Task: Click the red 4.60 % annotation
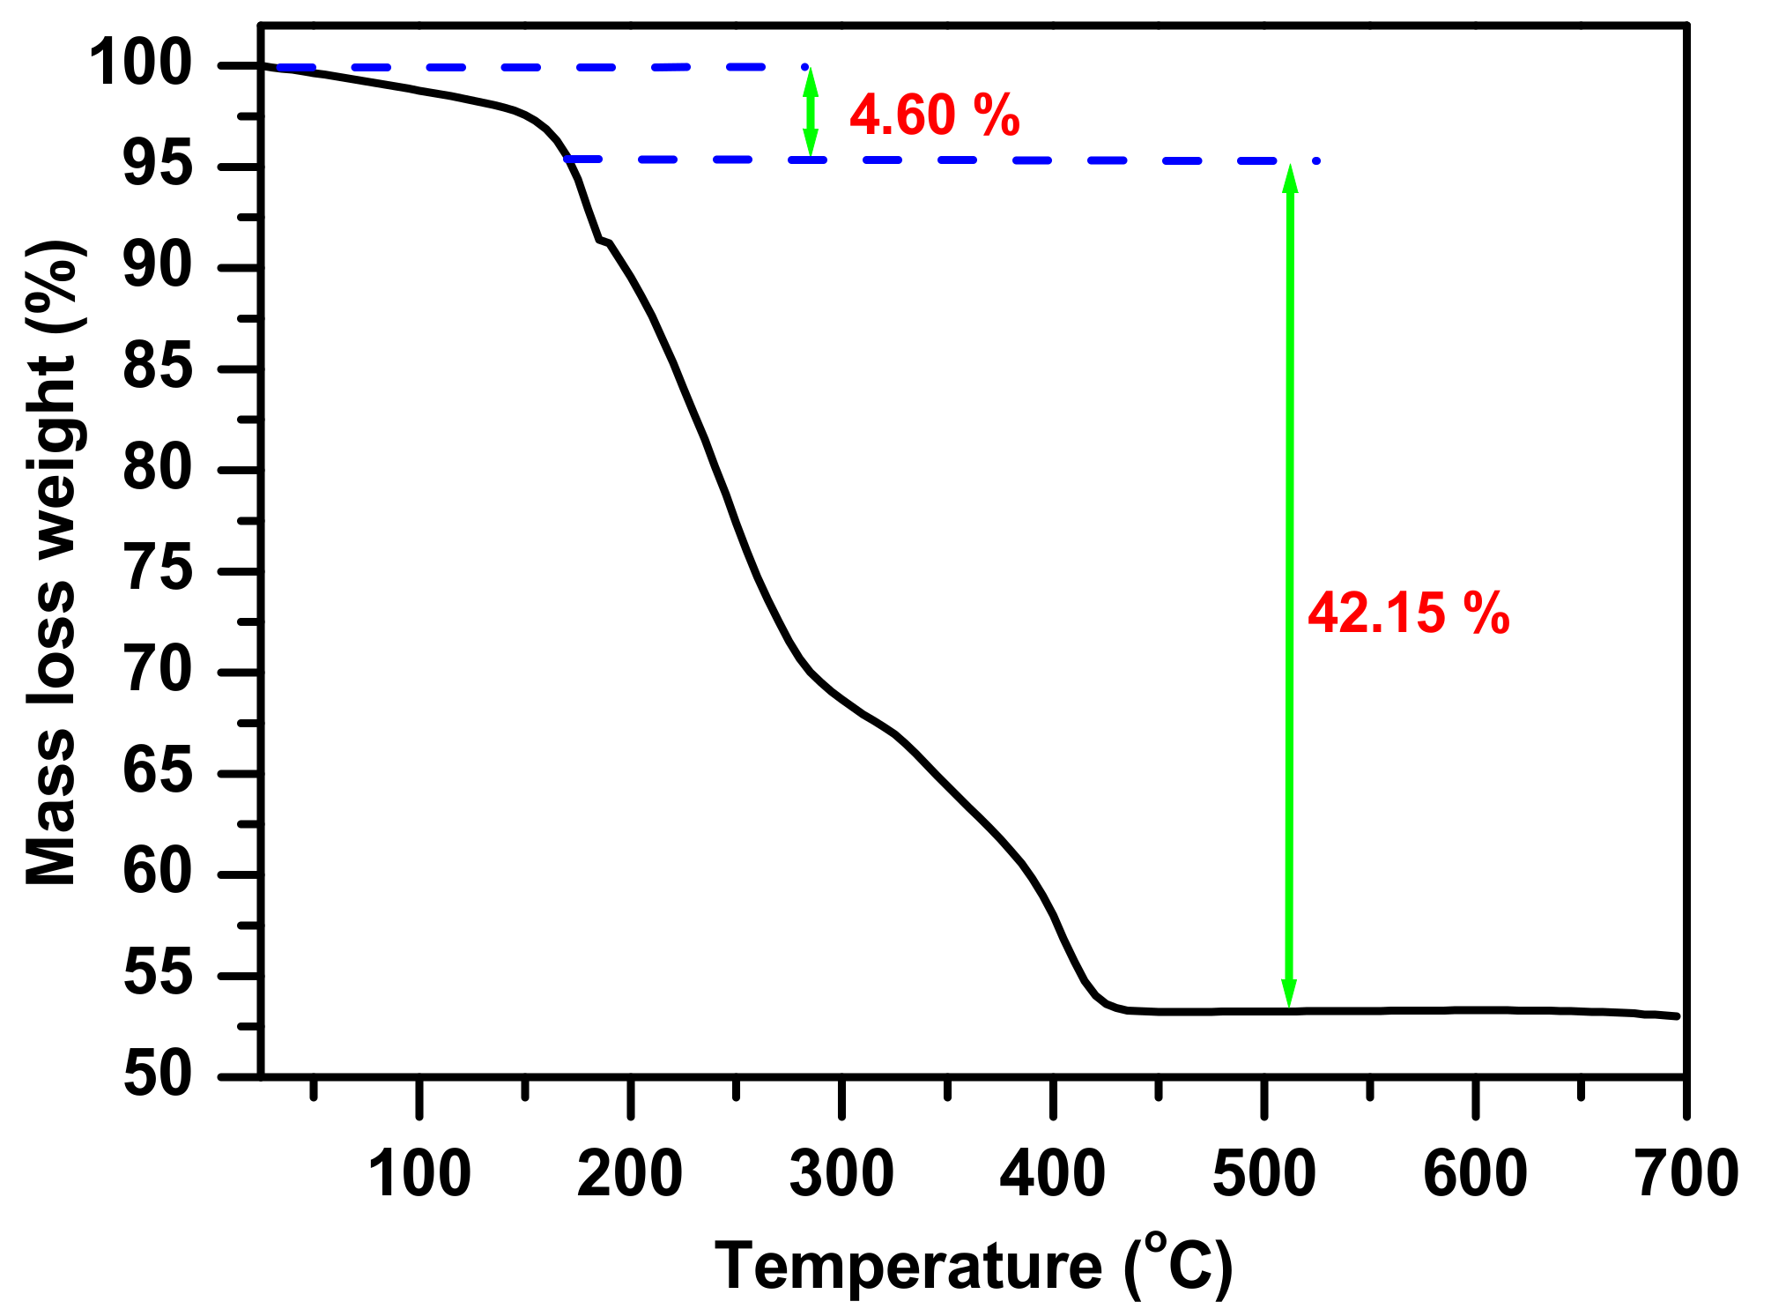pos(934,115)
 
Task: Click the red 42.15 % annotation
pos(1408,614)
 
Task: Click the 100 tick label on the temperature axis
pos(419,1174)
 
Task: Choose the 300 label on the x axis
pos(841,1174)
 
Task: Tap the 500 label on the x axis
pos(1264,1174)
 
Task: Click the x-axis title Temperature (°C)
pos(973,1267)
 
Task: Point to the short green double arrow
pos(811,113)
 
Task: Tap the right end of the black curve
pos(1677,1016)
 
